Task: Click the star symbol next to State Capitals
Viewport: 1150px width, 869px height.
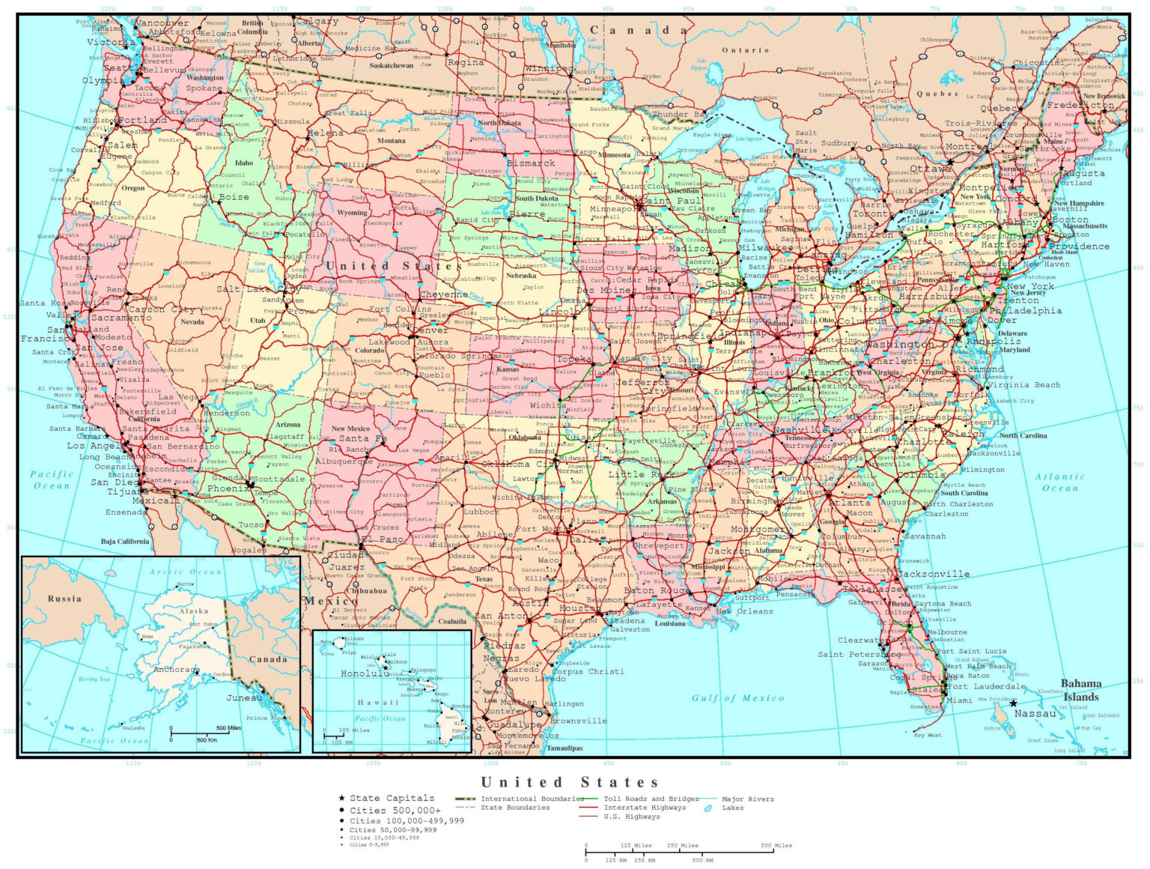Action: tap(342, 799)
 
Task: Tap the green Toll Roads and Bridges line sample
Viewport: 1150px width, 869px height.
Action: tap(588, 799)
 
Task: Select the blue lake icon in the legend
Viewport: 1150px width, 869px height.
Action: tap(708, 808)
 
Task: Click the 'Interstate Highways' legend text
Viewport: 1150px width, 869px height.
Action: tap(644, 808)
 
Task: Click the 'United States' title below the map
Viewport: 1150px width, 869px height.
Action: tap(570, 782)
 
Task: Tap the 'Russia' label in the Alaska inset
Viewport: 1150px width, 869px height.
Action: tap(64, 599)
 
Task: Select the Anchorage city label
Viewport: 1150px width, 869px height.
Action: tap(177, 670)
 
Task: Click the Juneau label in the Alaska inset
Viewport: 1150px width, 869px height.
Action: tap(245, 697)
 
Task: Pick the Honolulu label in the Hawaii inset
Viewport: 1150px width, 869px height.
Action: tap(364, 673)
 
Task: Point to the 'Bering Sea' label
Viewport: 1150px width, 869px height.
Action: tap(94, 679)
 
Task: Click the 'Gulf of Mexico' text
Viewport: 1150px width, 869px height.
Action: tap(737, 697)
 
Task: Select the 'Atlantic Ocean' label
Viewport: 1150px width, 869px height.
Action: tap(1059, 482)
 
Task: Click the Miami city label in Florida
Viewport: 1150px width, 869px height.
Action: tap(960, 700)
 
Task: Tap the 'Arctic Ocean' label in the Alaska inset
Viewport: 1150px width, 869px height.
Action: tap(185, 572)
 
